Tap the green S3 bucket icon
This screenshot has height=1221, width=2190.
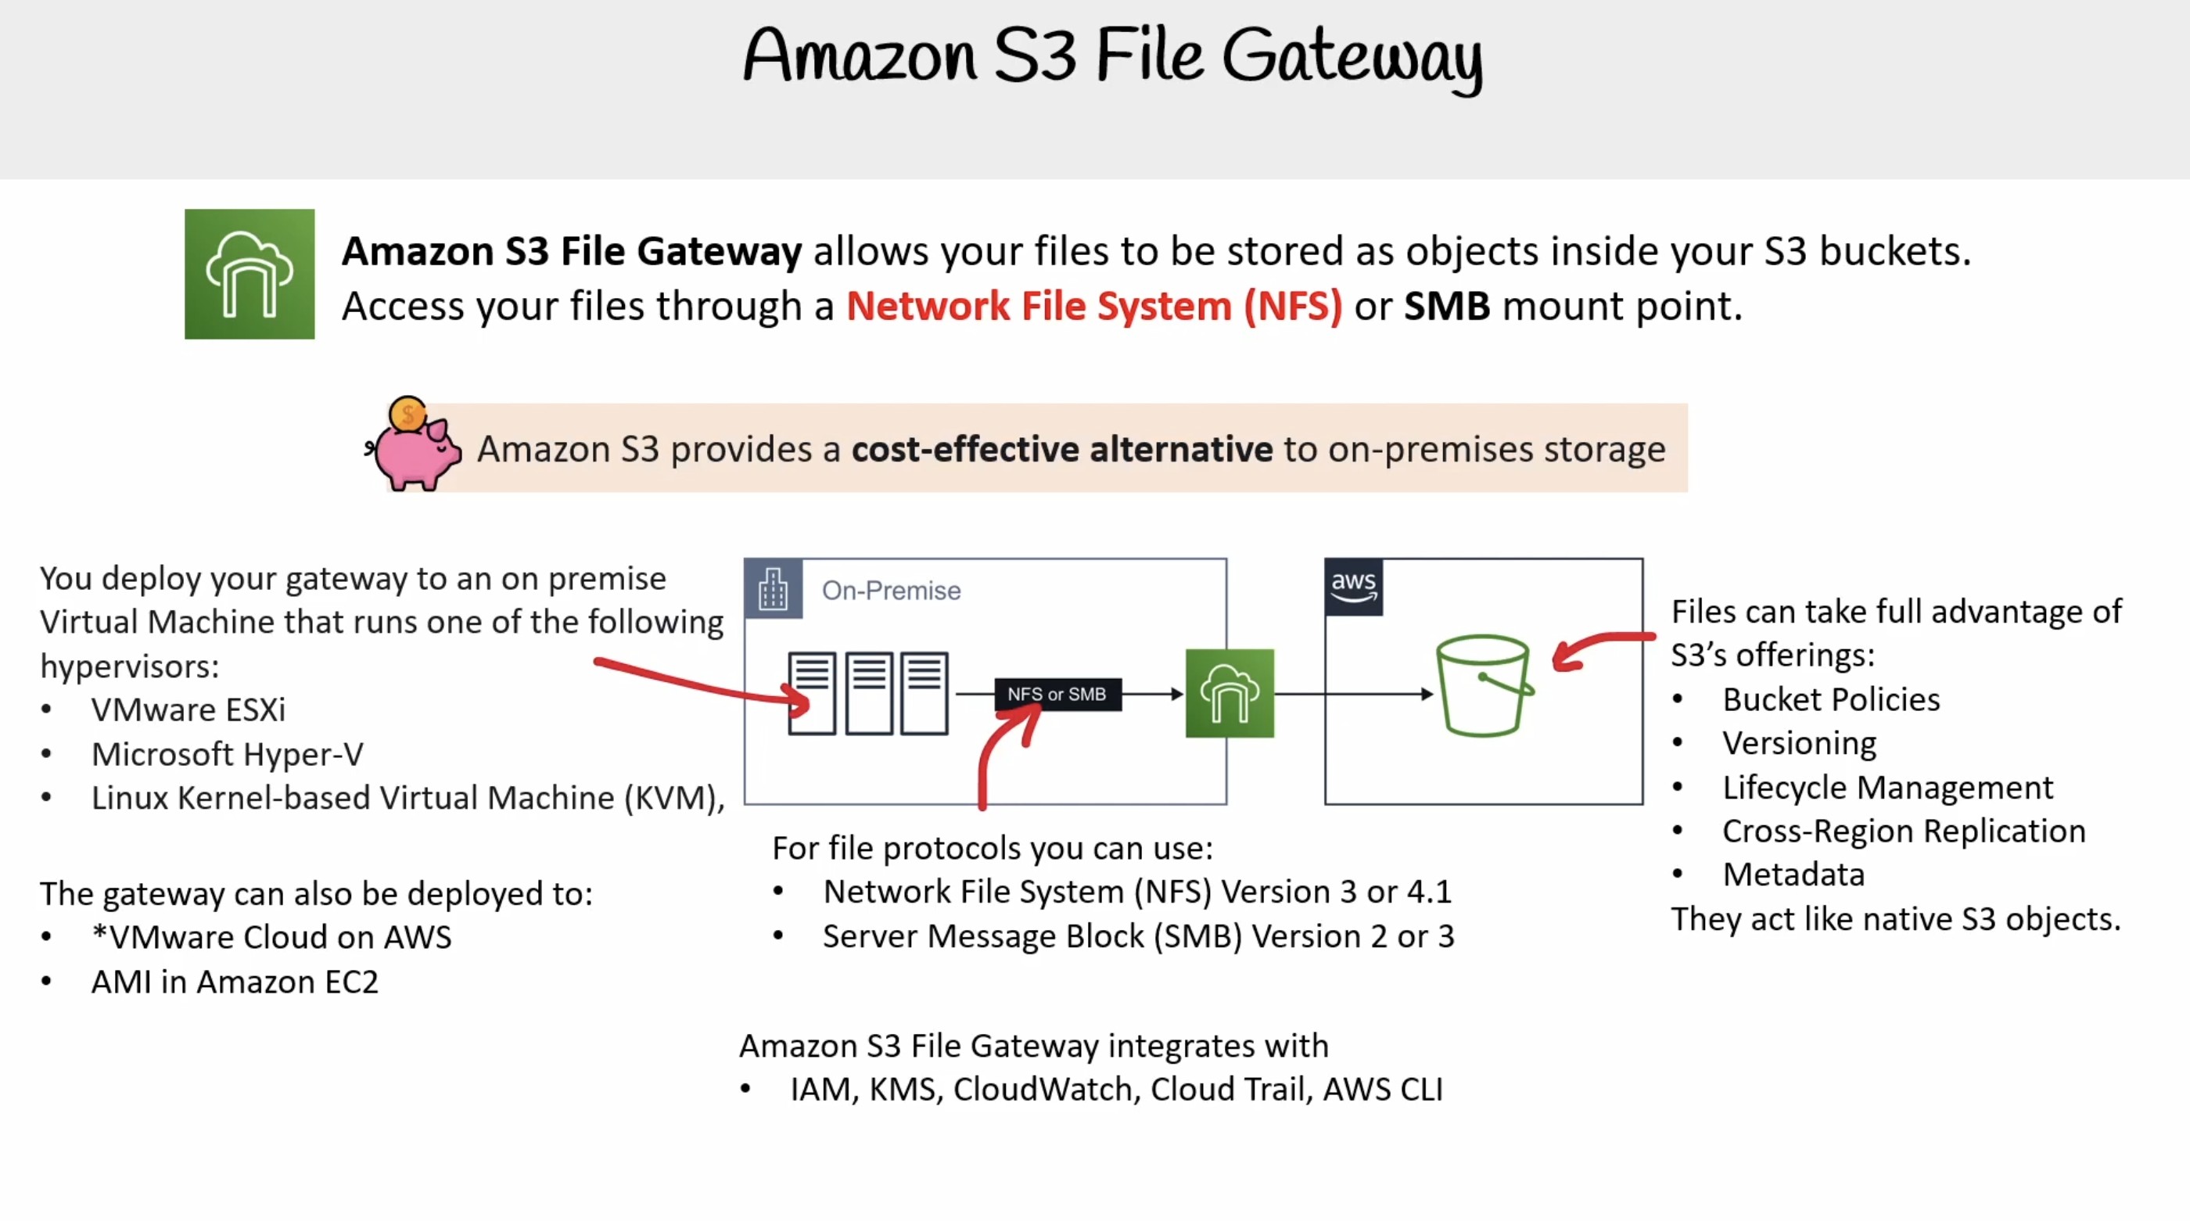tap(1485, 685)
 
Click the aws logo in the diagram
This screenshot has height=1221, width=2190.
tap(1353, 587)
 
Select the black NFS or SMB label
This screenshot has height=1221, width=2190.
tap(1057, 694)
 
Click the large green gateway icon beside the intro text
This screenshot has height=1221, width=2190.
tap(249, 274)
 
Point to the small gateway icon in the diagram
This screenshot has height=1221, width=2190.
tap(1230, 693)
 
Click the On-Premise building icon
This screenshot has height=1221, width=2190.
tap(773, 588)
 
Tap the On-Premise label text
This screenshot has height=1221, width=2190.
tap(891, 590)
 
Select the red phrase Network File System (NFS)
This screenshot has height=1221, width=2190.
tap(1094, 305)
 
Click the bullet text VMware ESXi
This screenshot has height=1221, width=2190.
tap(188, 709)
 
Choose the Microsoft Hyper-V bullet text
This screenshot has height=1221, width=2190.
tap(227, 754)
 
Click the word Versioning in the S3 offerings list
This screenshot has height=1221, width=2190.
tap(1799, 744)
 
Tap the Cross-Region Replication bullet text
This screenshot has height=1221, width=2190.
tap(1904, 831)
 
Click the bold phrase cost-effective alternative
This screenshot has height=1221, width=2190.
tap(1062, 449)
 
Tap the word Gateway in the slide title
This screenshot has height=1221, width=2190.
tap(1352, 57)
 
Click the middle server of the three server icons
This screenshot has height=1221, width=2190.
tap(868, 693)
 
